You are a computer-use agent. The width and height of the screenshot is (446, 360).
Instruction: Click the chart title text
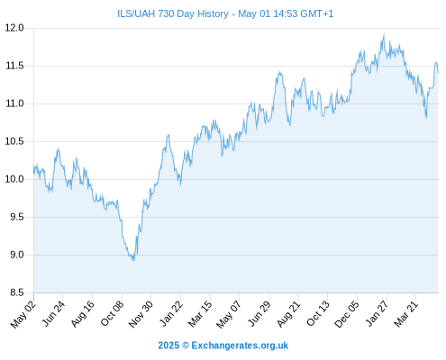tap(225, 13)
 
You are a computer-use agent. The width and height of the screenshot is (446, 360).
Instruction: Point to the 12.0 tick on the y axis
tap(14, 28)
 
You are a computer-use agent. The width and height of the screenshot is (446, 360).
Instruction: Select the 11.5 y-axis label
tap(14, 66)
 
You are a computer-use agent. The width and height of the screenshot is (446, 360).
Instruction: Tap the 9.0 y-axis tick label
tap(17, 255)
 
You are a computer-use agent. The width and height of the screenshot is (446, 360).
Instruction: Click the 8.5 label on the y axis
tap(17, 292)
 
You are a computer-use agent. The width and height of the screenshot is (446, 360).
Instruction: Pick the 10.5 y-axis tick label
tap(14, 141)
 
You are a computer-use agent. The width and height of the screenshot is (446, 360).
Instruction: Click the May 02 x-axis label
tap(23, 314)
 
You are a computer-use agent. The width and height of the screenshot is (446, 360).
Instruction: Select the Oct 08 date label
tap(112, 314)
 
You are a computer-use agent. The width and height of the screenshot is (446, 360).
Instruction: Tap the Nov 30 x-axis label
tap(141, 314)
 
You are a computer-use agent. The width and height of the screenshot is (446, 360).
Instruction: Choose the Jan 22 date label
tap(171, 314)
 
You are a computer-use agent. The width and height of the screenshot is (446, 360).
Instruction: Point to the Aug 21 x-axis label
tap(288, 314)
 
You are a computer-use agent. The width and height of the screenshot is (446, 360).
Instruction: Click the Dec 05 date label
tap(347, 314)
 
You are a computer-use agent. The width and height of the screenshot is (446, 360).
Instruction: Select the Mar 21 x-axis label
tap(406, 314)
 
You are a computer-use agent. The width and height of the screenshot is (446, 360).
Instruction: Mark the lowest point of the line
tap(133, 260)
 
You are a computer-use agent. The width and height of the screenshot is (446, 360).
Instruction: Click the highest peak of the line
tap(384, 34)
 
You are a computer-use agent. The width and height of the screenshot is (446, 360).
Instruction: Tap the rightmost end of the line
tap(438, 72)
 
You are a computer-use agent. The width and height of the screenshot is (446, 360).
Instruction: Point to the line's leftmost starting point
tap(34, 174)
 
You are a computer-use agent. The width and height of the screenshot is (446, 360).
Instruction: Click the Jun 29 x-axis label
tap(259, 314)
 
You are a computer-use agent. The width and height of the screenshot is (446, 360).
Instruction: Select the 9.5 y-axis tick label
tap(17, 217)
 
